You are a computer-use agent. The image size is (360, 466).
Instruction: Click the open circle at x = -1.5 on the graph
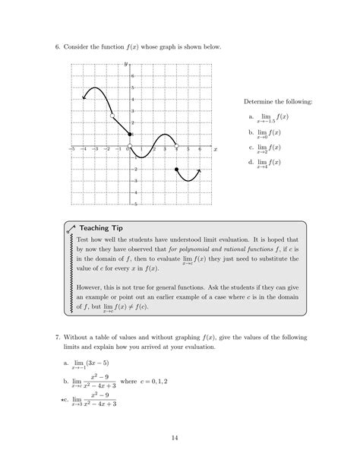112,116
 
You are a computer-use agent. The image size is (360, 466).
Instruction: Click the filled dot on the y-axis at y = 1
130,134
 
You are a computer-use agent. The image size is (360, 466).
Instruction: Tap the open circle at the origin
130,145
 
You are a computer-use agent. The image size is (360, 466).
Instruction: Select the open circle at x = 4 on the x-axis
176,145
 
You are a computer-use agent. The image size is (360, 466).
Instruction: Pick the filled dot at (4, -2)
176,169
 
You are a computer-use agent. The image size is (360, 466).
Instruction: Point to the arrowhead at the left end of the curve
84,97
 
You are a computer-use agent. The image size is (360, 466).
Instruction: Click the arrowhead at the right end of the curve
200,170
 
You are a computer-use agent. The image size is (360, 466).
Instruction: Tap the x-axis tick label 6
200,150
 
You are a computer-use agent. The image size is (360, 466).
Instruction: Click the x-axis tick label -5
71,150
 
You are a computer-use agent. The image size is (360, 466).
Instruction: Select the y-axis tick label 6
133,76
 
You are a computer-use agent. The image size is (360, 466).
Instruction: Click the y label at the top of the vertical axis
125,64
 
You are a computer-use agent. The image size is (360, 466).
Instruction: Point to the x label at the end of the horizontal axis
215,150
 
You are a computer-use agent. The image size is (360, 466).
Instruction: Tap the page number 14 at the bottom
180,438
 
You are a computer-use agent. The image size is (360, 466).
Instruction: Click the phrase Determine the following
277,101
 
